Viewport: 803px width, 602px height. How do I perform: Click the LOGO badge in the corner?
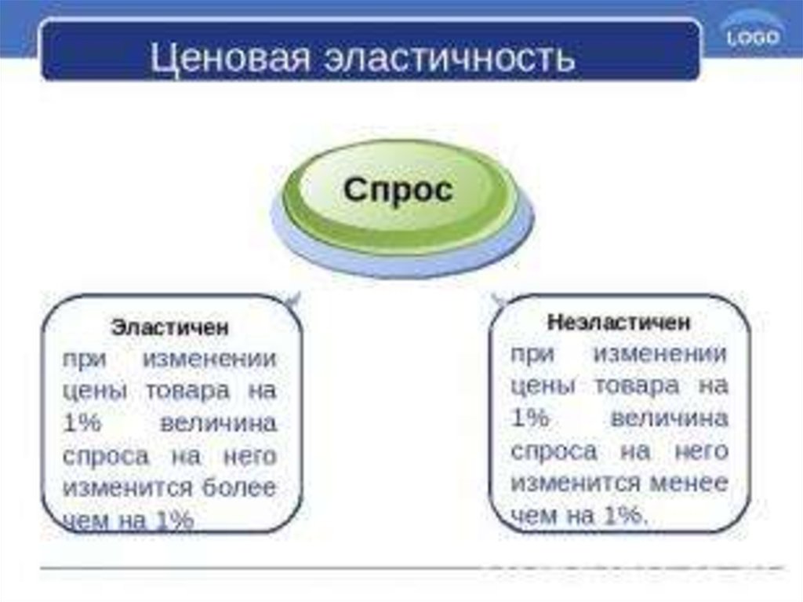[x=752, y=37]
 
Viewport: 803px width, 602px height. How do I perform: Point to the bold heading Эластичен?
[x=170, y=327]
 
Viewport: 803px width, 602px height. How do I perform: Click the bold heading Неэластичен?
[x=619, y=322]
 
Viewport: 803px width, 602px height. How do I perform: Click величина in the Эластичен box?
[x=218, y=423]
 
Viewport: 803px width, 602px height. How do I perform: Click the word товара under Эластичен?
[x=187, y=391]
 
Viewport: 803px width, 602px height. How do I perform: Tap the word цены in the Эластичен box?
[x=93, y=391]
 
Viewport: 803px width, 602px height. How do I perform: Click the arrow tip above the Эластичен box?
[x=292, y=298]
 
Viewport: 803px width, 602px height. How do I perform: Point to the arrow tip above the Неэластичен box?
[x=496, y=297]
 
